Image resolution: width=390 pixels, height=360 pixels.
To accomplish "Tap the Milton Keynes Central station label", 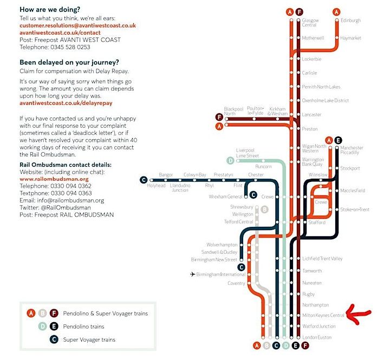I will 323,315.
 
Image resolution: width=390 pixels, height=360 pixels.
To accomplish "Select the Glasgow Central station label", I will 309,23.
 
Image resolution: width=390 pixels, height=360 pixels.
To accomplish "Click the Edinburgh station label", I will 350,21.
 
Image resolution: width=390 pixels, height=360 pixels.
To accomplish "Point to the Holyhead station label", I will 156,186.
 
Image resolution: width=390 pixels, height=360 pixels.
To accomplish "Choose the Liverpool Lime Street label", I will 248,153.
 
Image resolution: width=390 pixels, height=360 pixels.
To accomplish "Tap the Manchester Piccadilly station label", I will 352,150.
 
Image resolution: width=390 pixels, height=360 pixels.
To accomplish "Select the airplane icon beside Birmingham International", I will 193,274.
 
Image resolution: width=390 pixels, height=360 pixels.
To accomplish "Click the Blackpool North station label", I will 234,110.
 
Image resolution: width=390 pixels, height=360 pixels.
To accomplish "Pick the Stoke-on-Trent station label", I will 355,210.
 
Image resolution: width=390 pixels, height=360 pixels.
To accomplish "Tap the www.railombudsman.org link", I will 54,179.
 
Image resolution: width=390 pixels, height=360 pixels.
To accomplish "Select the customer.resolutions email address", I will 77,25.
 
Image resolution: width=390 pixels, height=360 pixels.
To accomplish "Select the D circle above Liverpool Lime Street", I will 231,160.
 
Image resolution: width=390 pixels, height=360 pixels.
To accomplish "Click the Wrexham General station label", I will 226,197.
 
